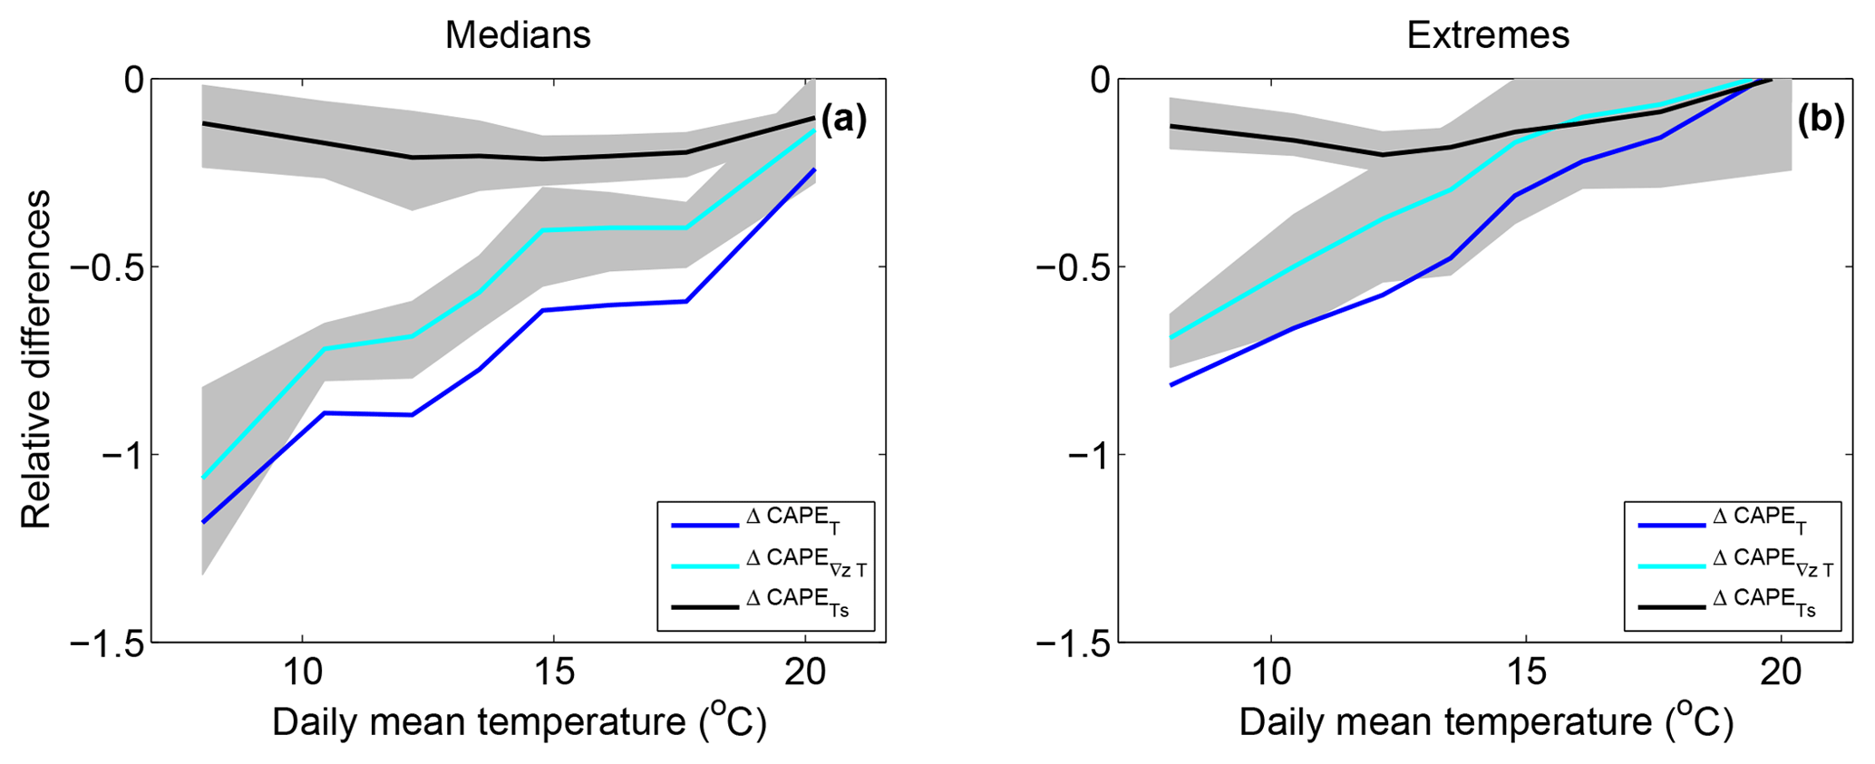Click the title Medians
point(518,35)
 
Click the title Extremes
point(1488,35)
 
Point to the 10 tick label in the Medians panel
point(301,672)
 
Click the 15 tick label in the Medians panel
point(553,672)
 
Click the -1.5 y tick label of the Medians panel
point(107,643)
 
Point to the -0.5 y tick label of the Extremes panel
point(1074,267)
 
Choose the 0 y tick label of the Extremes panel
point(1100,80)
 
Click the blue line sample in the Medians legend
point(705,525)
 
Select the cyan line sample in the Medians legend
point(705,566)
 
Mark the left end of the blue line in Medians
point(203,522)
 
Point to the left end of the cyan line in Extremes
point(1171,338)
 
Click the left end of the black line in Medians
point(203,122)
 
